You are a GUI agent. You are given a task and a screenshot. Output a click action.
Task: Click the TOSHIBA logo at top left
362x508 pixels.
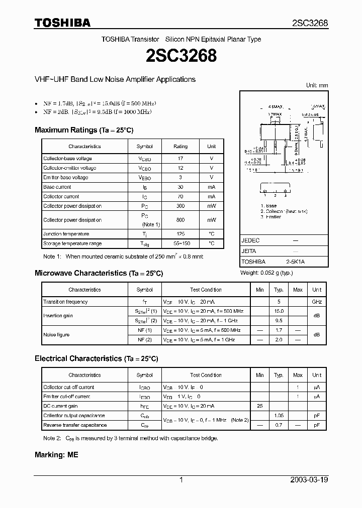point(62,23)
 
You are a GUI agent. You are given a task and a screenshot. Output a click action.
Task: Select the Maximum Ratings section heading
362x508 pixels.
point(83,130)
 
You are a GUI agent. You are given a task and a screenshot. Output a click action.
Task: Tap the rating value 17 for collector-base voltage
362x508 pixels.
point(180,159)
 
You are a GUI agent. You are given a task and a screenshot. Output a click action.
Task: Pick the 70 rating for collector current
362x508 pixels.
point(180,197)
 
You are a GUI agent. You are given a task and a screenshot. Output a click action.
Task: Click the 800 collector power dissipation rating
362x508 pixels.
point(180,220)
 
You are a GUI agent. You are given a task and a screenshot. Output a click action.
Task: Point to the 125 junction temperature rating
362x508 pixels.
point(180,234)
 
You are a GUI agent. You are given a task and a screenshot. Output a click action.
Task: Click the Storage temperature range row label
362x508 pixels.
point(72,243)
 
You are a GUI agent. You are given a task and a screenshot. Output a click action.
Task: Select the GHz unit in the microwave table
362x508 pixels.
point(317,302)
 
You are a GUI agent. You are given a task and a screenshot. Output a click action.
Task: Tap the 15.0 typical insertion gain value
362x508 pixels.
point(279,311)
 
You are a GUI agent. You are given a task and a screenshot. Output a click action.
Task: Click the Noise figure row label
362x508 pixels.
point(56,335)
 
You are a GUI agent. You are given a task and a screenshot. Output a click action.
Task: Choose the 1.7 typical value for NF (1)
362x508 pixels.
point(279,330)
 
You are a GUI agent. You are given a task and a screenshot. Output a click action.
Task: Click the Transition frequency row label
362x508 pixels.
point(65,302)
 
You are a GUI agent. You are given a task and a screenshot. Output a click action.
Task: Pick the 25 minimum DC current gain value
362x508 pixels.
point(259,406)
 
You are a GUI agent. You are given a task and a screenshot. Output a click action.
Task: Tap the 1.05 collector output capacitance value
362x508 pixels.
point(279,416)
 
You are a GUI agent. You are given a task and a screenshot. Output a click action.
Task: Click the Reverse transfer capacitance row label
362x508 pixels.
point(75,425)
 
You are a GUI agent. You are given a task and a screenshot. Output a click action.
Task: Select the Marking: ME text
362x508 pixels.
point(56,454)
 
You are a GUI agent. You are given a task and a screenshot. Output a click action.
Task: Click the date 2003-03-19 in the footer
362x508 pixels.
point(309,480)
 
